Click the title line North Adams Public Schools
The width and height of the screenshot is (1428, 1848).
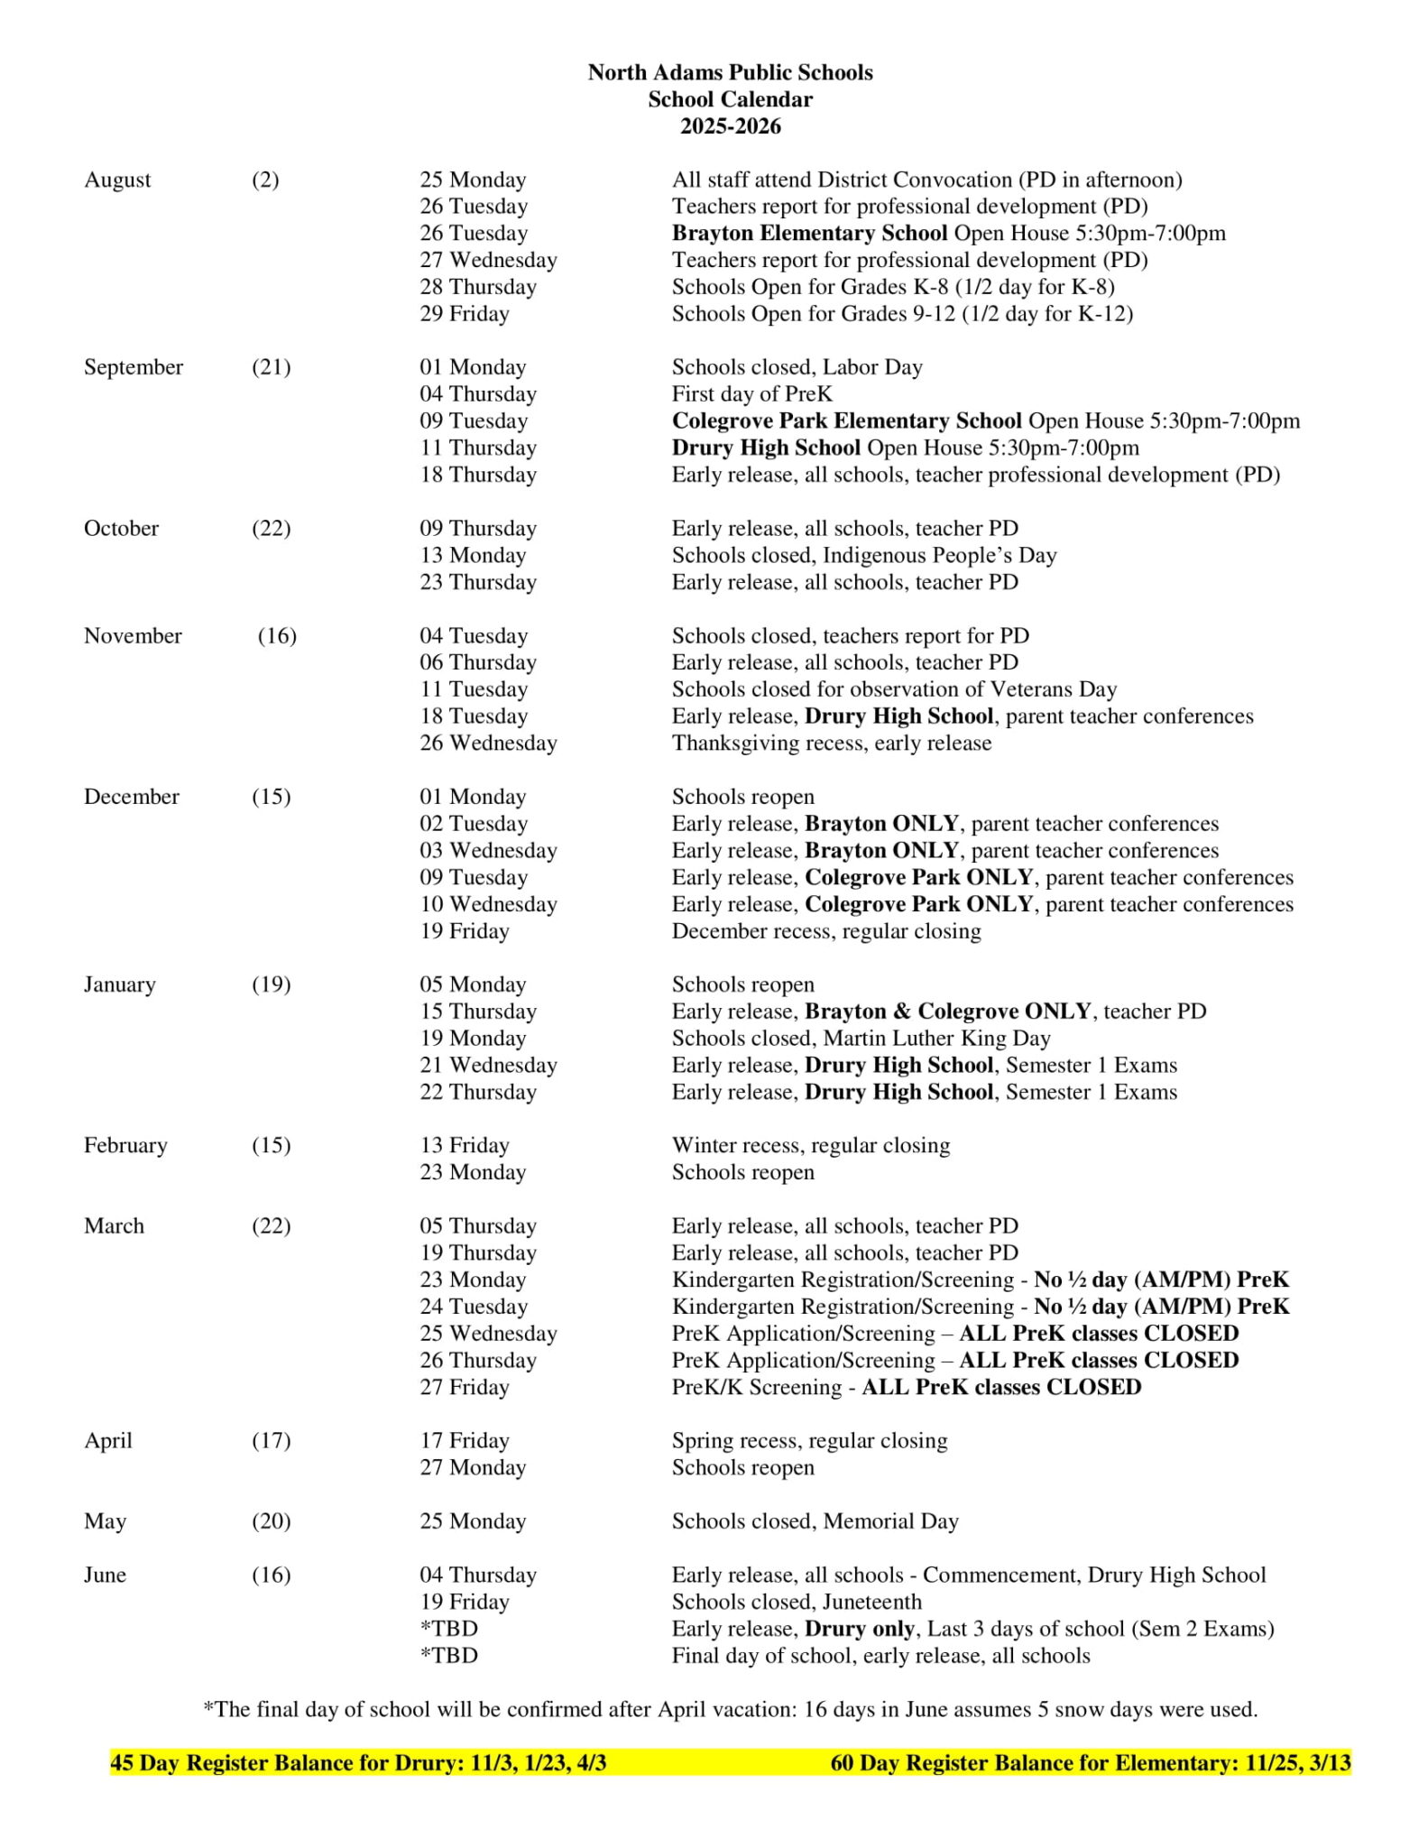click(730, 72)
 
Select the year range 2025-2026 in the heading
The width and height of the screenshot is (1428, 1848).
click(730, 126)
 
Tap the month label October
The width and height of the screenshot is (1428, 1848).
click(121, 528)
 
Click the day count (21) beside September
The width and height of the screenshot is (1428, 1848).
click(271, 367)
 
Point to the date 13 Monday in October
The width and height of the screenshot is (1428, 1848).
click(473, 555)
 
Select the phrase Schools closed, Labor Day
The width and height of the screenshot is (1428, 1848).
click(797, 367)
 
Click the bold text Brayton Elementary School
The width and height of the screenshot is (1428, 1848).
click(809, 233)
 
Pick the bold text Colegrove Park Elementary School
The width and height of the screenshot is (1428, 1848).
click(846, 420)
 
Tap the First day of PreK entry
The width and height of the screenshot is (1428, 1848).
click(751, 394)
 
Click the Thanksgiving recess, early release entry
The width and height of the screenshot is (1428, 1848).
click(831, 743)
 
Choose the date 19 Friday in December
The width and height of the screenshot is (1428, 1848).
click(464, 930)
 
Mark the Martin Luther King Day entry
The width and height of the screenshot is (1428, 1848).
click(861, 1038)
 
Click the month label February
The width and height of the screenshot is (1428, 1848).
click(125, 1145)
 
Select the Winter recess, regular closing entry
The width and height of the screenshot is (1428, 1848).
click(810, 1145)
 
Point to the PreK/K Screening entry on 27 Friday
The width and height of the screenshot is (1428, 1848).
click(906, 1387)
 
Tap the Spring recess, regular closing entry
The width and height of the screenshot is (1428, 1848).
click(809, 1440)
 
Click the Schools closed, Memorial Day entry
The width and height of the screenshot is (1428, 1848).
click(815, 1521)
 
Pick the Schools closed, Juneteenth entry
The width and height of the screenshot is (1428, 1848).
click(797, 1602)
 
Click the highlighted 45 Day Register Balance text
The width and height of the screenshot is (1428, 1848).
click(358, 1763)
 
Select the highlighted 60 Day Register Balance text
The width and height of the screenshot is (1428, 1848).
click(1090, 1763)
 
